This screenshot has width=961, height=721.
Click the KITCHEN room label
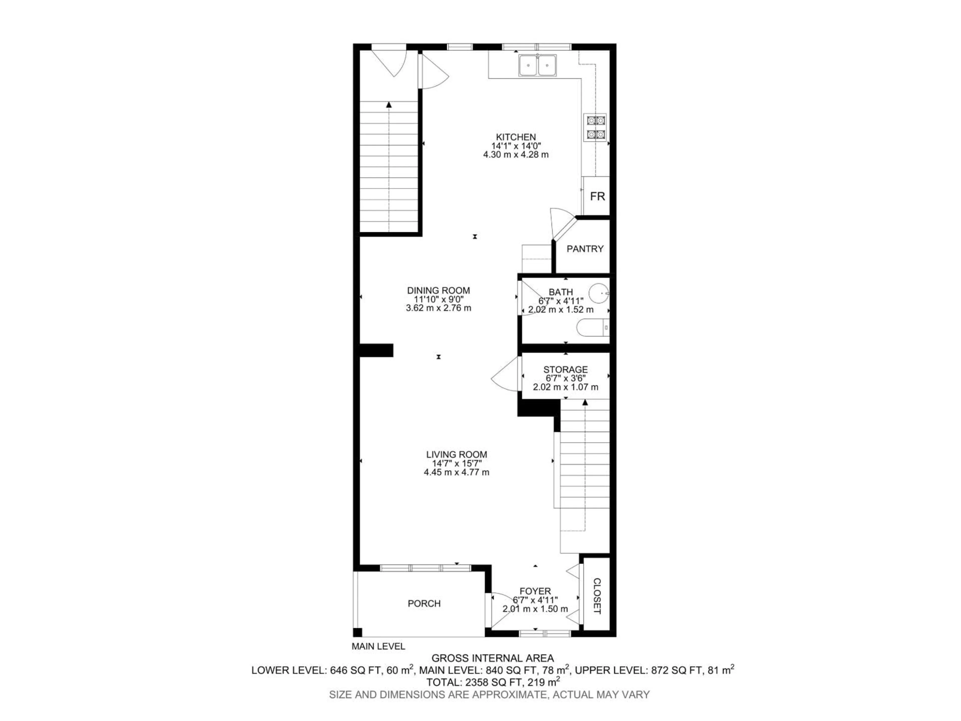click(x=516, y=137)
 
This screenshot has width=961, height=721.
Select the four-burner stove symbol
click(x=595, y=128)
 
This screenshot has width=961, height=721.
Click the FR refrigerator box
click(x=597, y=197)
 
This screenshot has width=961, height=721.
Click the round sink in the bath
click(x=600, y=293)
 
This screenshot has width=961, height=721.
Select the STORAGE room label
click(x=565, y=370)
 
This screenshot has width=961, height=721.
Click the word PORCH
click(x=424, y=603)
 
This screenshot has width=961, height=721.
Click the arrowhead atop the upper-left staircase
click(x=389, y=105)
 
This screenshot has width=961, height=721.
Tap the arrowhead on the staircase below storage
click(x=585, y=403)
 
